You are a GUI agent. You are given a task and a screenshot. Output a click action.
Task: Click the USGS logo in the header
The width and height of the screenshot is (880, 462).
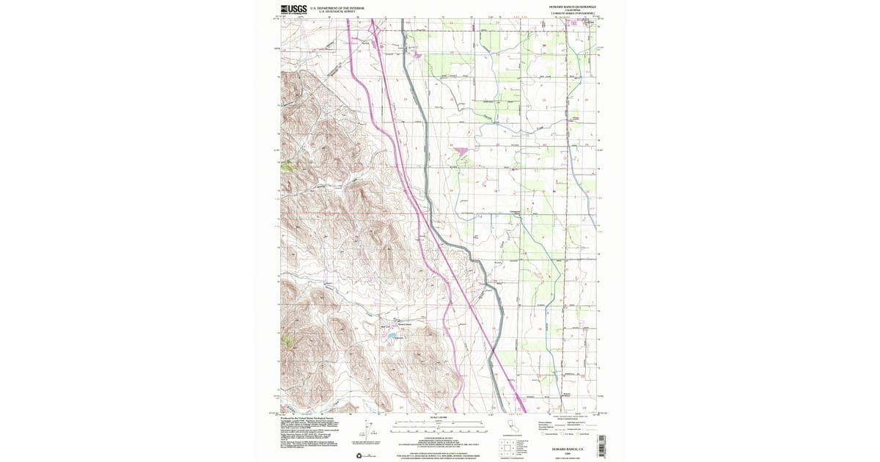tap(293, 10)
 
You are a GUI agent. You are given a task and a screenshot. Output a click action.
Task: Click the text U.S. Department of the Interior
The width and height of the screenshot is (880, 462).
tap(337, 7)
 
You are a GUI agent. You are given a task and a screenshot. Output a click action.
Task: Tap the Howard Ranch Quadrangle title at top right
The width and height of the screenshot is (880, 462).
tap(573, 7)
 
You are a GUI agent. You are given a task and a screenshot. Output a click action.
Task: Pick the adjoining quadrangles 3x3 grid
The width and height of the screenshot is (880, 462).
tap(505, 447)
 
